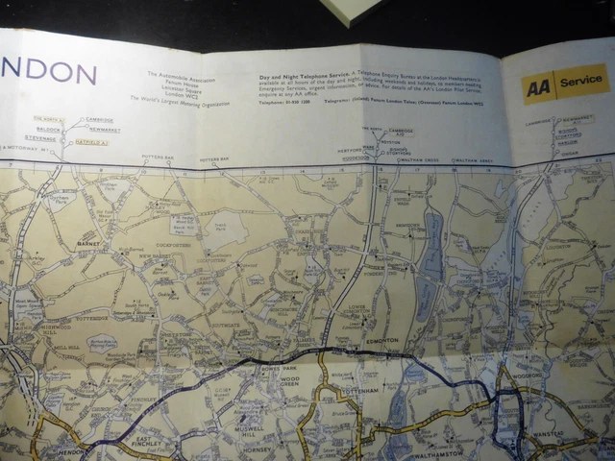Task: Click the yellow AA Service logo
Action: coord(565,85)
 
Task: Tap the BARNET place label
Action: coord(88,245)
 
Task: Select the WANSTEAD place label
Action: coord(562,433)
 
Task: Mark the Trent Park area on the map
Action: coord(223,230)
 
